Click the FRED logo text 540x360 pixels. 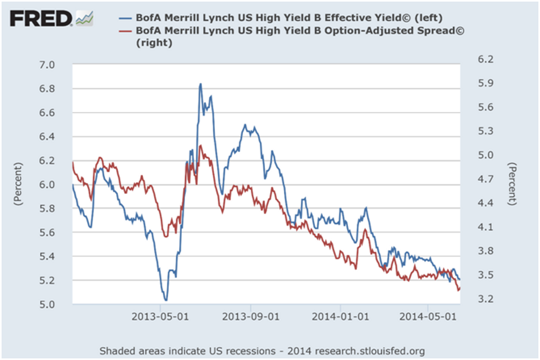(x=41, y=19)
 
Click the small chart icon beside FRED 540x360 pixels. (x=84, y=19)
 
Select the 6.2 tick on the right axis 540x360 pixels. (x=482, y=59)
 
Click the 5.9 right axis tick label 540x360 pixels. (x=482, y=83)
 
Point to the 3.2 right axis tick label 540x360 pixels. (x=482, y=299)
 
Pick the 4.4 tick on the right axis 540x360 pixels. (x=482, y=203)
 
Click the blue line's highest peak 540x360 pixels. (x=200, y=84)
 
